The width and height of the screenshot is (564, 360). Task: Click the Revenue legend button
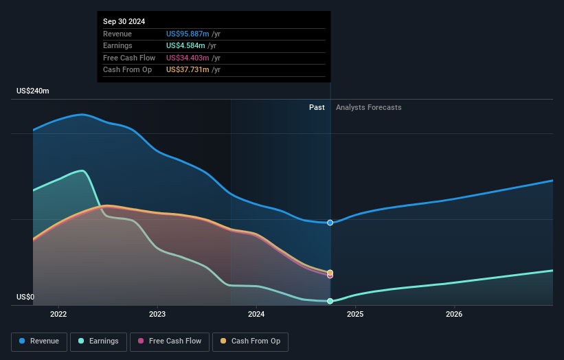39,341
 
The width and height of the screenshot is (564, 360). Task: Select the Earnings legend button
98,341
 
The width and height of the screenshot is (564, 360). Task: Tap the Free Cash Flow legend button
170,341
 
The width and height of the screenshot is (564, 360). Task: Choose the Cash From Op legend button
250,341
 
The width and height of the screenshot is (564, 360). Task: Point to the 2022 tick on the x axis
58,315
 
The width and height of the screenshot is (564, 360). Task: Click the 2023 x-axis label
157,315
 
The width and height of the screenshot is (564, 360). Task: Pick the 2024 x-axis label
256,315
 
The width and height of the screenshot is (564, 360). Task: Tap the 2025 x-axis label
355,315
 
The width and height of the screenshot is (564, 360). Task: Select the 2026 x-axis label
454,315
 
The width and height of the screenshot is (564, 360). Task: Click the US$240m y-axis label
33,91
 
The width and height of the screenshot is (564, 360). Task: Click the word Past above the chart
317,107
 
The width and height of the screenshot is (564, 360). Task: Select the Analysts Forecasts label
368,107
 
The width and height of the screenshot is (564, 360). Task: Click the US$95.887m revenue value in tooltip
188,34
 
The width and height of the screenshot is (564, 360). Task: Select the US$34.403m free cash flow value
188,58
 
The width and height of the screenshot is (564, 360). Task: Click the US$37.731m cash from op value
188,70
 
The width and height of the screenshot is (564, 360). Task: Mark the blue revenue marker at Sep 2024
330,223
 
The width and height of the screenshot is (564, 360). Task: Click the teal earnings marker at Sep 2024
330,301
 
